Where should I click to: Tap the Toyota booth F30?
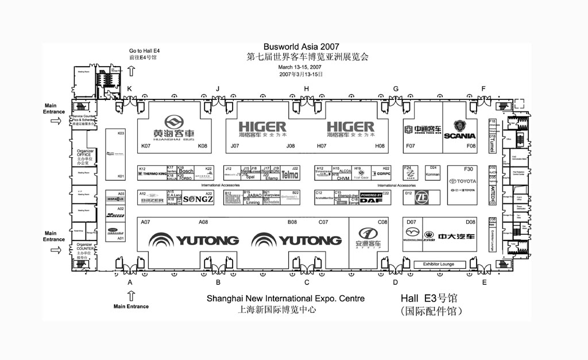coord(462,184)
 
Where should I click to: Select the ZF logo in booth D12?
coord(422,197)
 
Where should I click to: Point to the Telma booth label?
coord(290,174)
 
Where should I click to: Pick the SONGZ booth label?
coord(198,199)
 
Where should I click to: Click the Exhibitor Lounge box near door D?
coord(438,264)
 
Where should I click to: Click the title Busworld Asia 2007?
coord(301,47)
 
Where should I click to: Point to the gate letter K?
coord(129,88)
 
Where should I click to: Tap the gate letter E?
coord(484,282)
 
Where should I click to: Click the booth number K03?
coord(121,133)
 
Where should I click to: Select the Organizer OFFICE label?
coord(84,154)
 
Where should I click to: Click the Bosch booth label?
coord(186,171)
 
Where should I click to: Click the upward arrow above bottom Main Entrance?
coord(131,296)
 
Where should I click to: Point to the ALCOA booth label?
coord(346,171)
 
